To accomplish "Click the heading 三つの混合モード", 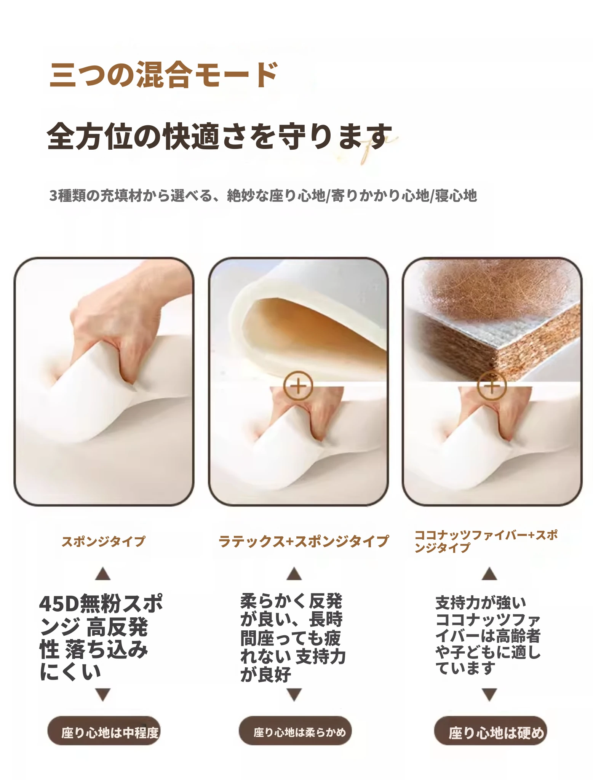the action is click(164, 74).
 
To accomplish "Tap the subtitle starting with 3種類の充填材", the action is click(263, 195).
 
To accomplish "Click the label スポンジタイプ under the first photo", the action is click(104, 541).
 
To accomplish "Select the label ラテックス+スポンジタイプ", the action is click(304, 541).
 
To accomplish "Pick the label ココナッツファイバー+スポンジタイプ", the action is click(486, 541).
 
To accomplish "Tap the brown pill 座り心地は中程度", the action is click(104, 732).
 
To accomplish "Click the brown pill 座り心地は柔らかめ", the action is click(295, 732).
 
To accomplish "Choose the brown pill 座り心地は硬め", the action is click(491, 732).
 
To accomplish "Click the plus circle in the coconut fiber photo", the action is click(492, 386).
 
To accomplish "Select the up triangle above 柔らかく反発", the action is click(294, 574).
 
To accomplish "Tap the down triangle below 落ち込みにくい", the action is click(103, 695).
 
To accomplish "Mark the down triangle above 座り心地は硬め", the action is click(489, 695).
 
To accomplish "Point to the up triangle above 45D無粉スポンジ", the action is click(103, 574).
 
